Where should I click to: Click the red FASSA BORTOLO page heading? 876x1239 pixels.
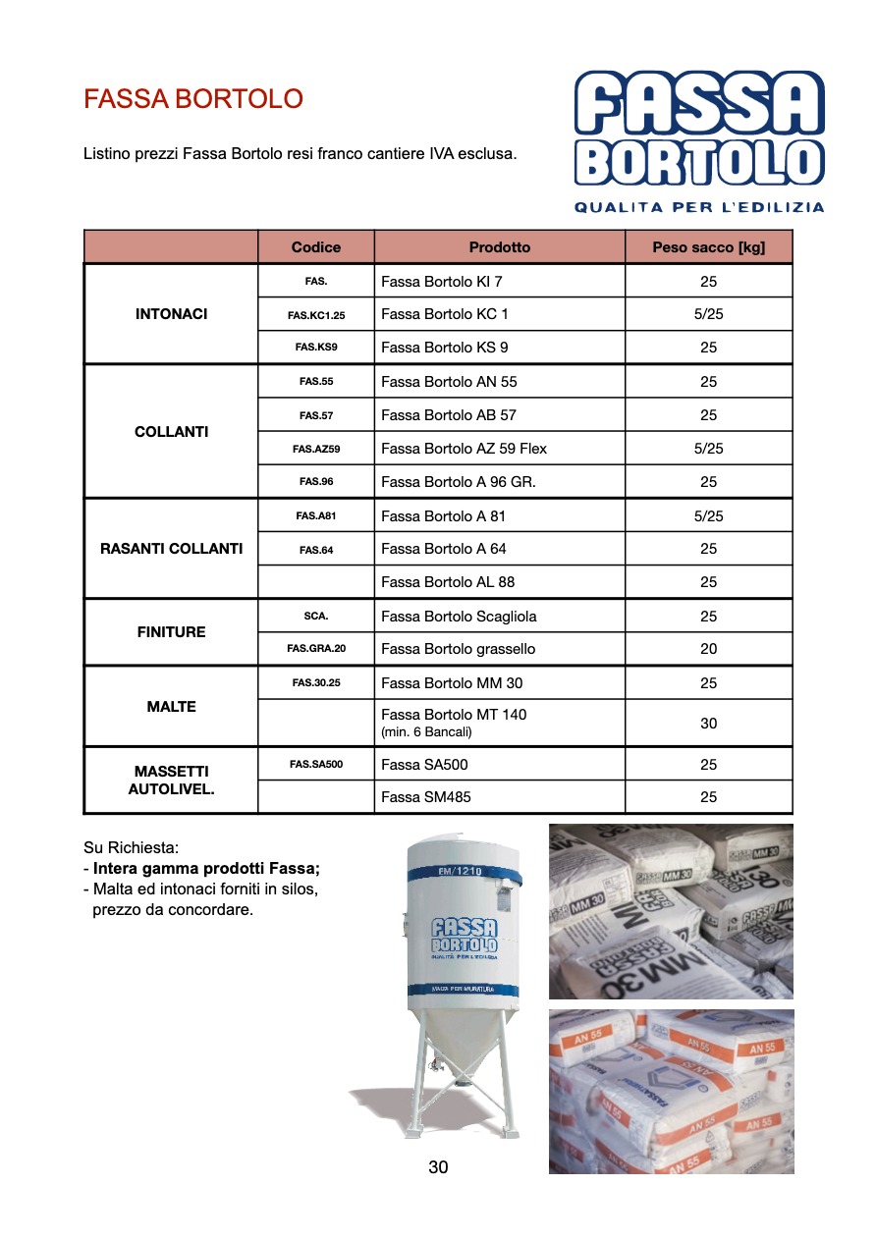tap(193, 99)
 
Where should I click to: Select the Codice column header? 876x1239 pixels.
tap(316, 247)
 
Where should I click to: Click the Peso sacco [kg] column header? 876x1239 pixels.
tap(708, 247)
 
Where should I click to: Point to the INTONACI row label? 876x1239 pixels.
tap(172, 314)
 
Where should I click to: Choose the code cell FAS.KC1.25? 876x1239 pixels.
tap(316, 315)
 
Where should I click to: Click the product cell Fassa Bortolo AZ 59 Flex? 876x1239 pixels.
tap(464, 449)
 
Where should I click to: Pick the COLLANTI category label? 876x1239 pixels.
tap(172, 432)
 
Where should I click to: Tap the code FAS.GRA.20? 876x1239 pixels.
tap(316, 649)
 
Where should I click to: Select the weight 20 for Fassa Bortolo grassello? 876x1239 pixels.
tap(708, 649)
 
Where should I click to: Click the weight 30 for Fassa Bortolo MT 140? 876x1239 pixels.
tap(708, 724)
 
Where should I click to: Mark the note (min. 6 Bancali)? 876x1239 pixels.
tap(427, 732)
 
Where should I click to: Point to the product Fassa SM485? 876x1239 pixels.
tap(426, 797)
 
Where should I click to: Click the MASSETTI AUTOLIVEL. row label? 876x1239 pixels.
tap(172, 781)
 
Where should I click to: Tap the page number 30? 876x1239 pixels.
tap(438, 1167)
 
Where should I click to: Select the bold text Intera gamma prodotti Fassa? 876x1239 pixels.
tap(206, 869)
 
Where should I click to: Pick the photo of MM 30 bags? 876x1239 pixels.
tap(671, 910)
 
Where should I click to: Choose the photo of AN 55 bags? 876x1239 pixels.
tap(671, 1091)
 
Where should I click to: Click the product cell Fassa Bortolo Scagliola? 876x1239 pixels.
tap(459, 617)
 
